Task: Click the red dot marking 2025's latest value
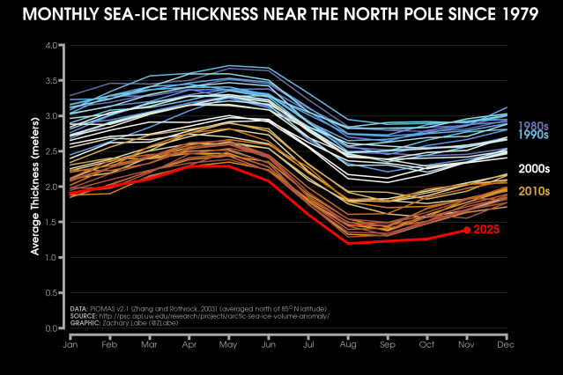[466, 231]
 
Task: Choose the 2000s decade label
[534, 168]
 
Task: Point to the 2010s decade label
[534, 191]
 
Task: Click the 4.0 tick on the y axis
[52, 45]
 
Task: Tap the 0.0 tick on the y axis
[52, 328]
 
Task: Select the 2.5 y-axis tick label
[52, 151]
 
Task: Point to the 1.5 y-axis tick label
[52, 222]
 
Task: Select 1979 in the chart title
[515, 15]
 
